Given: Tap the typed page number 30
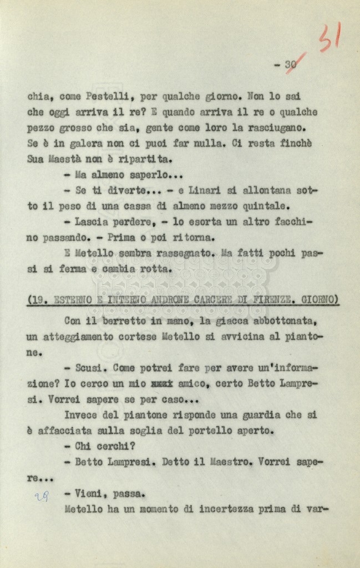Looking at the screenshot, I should [291, 64].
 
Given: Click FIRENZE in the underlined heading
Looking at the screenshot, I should [270, 300].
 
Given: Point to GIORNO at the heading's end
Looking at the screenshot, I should [320, 300].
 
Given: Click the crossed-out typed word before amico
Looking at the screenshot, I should [162, 383].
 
